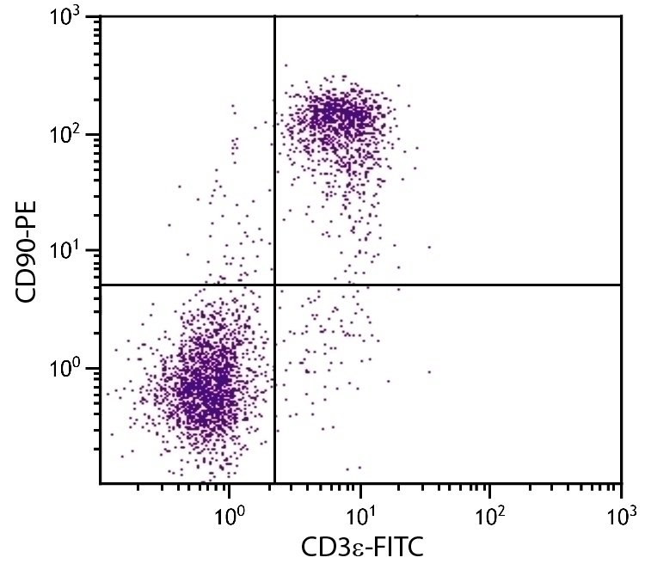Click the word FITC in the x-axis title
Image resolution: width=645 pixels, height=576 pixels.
pyautogui.click(x=391, y=546)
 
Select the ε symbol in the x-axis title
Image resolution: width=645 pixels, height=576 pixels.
pyautogui.click(x=352, y=548)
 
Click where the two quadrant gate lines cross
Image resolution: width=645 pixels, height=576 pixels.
pyautogui.click(x=274, y=285)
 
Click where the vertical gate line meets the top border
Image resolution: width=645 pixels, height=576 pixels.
pyautogui.click(x=274, y=16)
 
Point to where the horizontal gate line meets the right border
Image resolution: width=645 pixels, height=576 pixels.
pyautogui.click(x=620, y=285)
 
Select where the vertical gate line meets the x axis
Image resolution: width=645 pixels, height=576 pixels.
pyautogui.click(x=274, y=483)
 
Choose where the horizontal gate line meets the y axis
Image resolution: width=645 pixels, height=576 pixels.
pyautogui.click(x=101, y=285)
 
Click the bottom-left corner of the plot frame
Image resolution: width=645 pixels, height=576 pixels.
pyautogui.click(x=101, y=483)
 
